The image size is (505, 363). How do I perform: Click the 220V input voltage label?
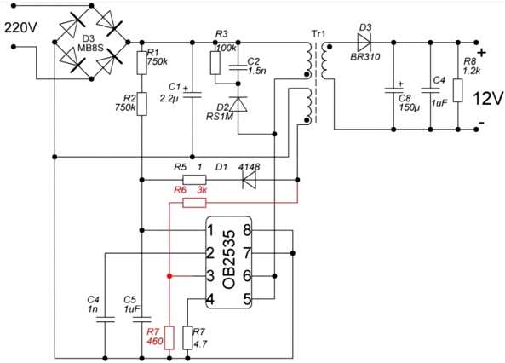coord(20,28)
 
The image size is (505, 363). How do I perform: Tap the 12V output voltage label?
coord(488,98)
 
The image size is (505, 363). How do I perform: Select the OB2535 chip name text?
coord(229,259)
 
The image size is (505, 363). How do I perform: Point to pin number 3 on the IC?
coord(210,276)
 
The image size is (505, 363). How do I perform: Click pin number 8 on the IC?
coord(247,230)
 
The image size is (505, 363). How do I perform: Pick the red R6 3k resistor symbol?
coord(194,203)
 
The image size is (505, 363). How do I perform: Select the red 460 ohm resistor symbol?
coord(169,337)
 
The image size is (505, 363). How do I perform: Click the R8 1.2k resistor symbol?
coord(458,90)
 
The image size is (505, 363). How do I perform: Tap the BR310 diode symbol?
coord(364,42)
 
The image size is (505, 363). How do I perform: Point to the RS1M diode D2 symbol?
coord(238,104)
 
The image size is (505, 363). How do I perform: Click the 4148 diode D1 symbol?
coord(250,180)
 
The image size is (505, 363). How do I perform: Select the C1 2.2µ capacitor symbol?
coord(192,95)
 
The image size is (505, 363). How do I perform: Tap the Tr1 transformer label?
coord(318,33)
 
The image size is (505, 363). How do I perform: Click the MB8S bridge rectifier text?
coord(90,48)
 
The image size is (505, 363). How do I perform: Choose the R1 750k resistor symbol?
coord(141,63)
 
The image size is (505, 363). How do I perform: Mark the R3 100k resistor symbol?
coord(215,63)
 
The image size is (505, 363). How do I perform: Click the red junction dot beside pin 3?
coord(169,276)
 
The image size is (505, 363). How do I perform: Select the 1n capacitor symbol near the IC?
coord(105,320)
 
